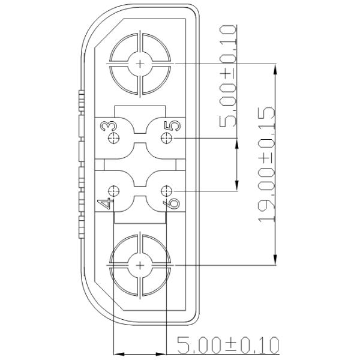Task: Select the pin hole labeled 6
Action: (167, 192)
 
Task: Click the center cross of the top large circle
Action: (140, 63)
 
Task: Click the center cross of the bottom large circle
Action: (140, 265)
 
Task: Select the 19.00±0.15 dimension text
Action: (266, 164)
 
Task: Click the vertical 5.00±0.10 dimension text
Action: (229, 76)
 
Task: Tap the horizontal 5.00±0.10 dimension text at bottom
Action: (228, 346)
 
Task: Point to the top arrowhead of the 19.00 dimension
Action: (275, 67)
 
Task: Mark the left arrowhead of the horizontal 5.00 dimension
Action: (118, 353)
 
